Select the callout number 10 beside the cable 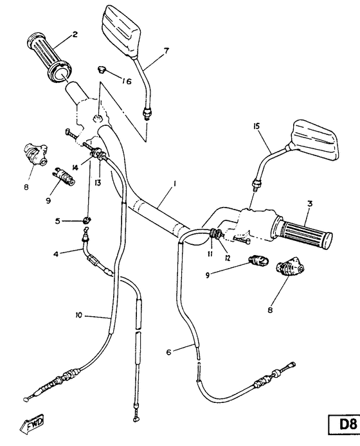click(x=78, y=315)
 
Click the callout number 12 click(x=226, y=258)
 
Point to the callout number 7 click(x=166, y=51)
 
